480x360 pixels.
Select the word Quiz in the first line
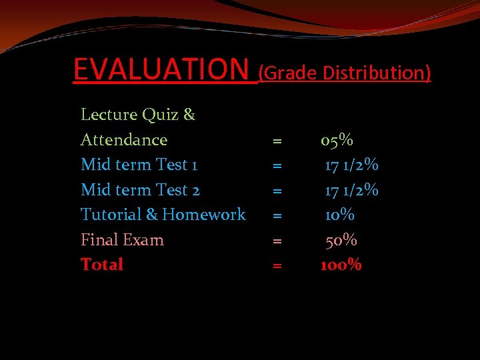point(159,115)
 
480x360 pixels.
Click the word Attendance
point(124,140)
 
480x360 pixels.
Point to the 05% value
point(337,140)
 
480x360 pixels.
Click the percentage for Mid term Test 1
point(351,165)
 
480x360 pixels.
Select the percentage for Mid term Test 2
point(351,190)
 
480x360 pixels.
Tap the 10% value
point(339,215)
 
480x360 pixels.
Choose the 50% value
point(341,240)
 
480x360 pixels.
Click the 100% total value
point(341,265)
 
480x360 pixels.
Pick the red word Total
point(102,265)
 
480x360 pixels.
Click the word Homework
point(204,215)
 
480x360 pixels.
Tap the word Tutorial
point(110,215)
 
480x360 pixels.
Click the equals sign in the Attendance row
point(277,141)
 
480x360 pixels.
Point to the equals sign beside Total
point(277,266)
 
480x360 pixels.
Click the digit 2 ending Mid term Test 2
point(195,191)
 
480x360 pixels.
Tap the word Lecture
point(109,115)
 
